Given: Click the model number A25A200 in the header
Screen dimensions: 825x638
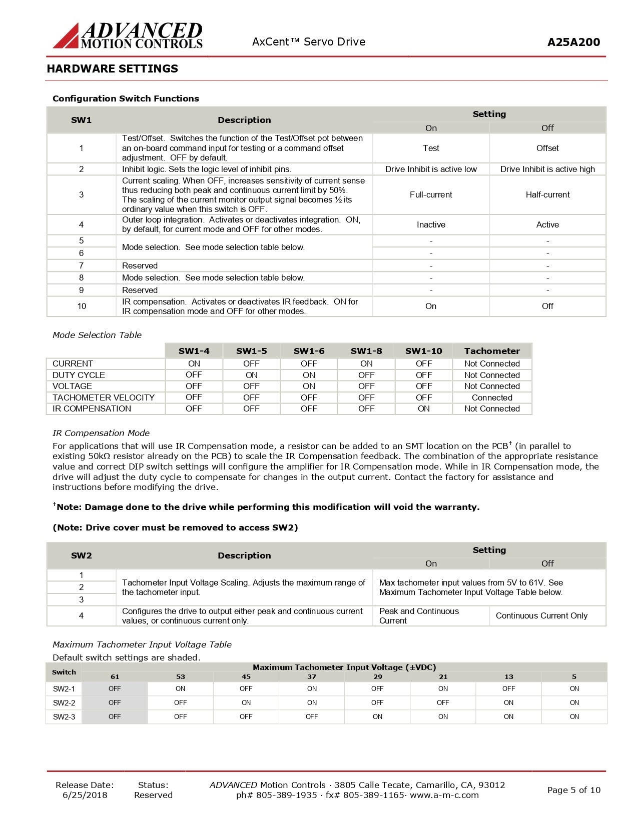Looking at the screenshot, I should [x=573, y=42].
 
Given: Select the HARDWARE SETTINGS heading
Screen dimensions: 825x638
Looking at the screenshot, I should [x=112, y=68].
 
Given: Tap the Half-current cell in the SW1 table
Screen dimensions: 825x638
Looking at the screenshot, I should [x=547, y=194].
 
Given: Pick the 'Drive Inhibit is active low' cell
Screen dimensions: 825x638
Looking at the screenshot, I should [x=431, y=169].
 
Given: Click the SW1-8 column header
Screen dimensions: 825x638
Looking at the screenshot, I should [x=366, y=351].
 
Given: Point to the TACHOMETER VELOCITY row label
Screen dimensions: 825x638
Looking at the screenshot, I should [x=104, y=397].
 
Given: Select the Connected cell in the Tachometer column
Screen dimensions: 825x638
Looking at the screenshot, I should [x=492, y=397].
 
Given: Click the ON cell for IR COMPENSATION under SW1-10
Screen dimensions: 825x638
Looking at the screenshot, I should [x=424, y=408].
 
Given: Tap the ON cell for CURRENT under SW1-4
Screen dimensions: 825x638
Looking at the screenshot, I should [x=194, y=363].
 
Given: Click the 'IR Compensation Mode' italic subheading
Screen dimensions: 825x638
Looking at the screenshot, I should [x=101, y=433].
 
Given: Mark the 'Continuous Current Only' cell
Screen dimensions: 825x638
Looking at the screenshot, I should [x=541, y=615].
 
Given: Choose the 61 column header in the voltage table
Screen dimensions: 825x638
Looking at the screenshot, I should [x=115, y=676].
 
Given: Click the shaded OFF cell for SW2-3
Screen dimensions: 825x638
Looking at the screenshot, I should [x=115, y=716].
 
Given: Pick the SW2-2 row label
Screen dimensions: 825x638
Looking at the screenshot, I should [x=64, y=702].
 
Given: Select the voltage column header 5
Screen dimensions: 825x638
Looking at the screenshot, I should [x=574, y=676].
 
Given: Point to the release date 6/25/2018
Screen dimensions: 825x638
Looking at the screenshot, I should [x=85, y=795].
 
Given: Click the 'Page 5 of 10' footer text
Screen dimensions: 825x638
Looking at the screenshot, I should [x=573, y=790].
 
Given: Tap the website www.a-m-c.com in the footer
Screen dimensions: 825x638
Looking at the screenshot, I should [x=444, y=795].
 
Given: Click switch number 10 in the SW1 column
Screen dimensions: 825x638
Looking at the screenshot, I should [x=82, y=306].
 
